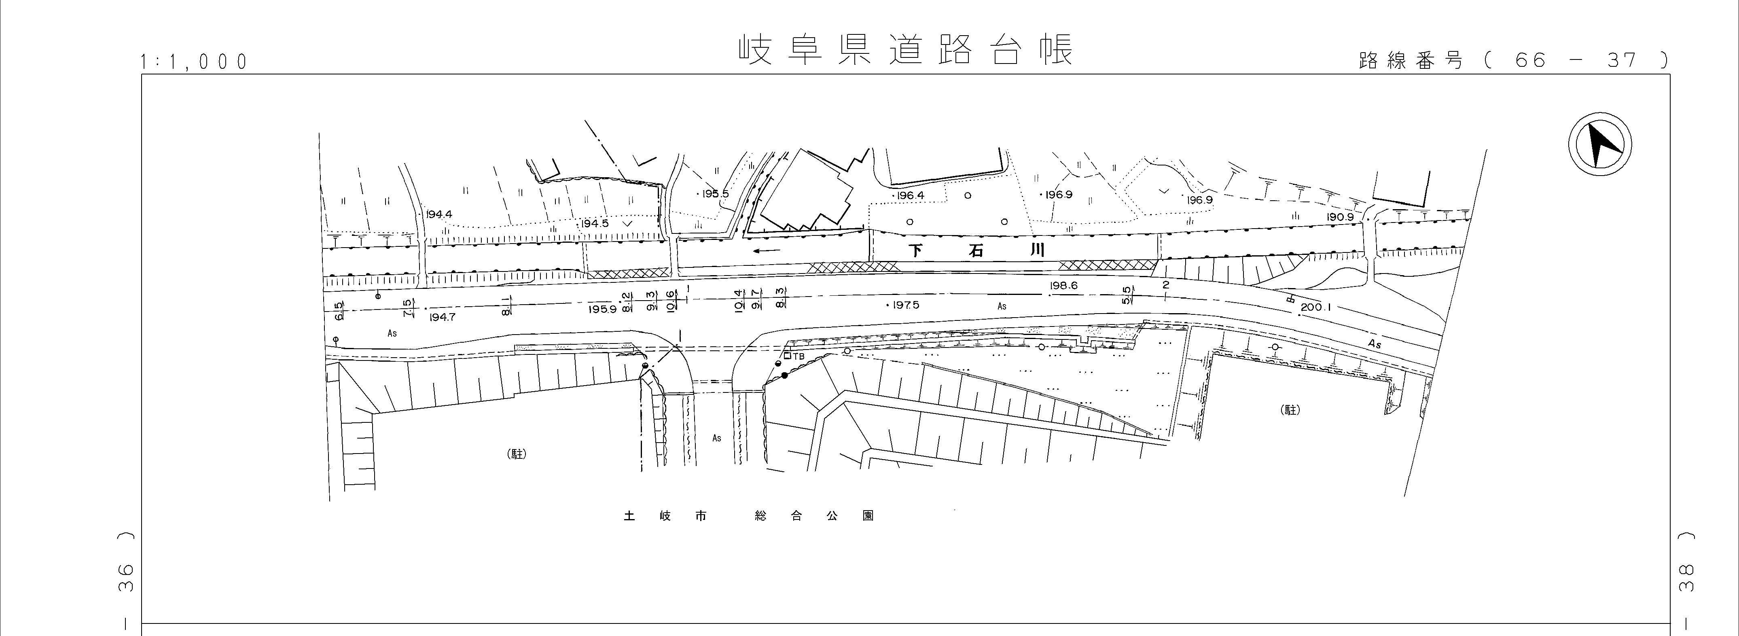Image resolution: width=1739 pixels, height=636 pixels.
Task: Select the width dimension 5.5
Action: coord(1127,295)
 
